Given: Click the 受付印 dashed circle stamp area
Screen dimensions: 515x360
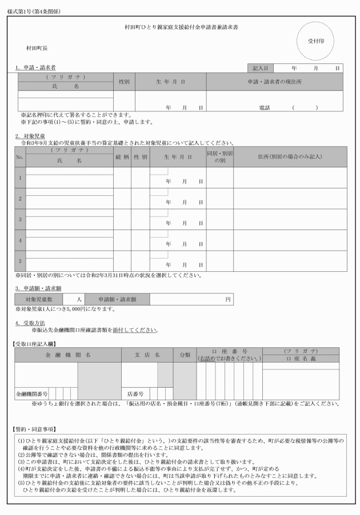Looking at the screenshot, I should [313, 41].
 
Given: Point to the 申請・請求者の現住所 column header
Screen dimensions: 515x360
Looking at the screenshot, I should [274, 82].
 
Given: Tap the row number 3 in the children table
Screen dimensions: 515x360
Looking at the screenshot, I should [20, 219].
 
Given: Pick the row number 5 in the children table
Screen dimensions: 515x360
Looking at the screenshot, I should [20, 261].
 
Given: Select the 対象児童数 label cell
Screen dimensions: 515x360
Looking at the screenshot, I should [39, 299].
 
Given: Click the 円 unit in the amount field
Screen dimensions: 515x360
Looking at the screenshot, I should [227, 299].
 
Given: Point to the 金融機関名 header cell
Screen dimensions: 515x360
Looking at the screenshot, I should [68, 354].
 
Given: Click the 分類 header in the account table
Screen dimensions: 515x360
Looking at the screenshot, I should [185, 354].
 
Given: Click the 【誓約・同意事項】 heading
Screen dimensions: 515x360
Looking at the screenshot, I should [34, 428].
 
